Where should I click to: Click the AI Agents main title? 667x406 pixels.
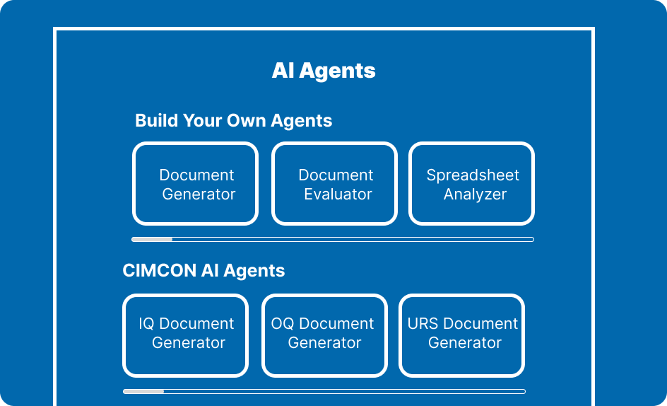[324, 71]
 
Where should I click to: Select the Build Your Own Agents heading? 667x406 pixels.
[234, 121]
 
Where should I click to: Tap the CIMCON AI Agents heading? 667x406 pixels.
[203, 271]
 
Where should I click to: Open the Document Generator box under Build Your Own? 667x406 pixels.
[195, 184]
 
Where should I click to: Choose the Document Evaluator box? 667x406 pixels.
[334, 184]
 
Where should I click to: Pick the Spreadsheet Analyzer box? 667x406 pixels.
[471, 184]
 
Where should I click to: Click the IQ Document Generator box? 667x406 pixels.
[185, 336]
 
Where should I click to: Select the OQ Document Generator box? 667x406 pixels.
[324, 336]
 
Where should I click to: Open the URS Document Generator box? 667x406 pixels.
[461, 336]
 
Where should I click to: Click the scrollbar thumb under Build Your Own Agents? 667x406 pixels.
[152, 239]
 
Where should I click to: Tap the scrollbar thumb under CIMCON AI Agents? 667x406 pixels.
[143, 392]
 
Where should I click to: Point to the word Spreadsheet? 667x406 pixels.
[473, 175]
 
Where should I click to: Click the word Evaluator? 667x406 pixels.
[338, 195]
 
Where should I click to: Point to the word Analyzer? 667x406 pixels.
[475, 195]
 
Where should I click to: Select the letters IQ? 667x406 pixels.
[146, 324]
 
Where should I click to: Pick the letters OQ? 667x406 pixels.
[283, 324]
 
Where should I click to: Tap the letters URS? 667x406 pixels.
[423, 324]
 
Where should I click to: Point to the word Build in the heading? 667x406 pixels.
[156, 121]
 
